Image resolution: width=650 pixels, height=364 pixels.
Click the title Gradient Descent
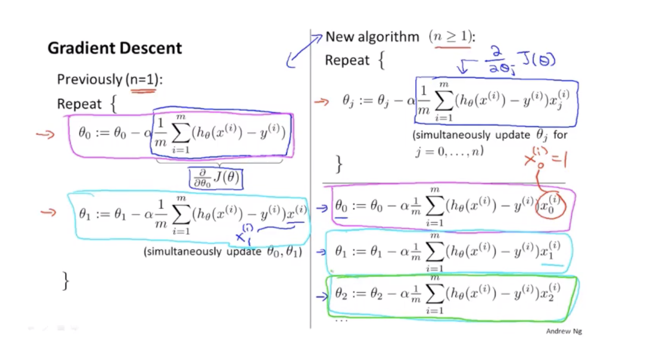[x=114, y=48]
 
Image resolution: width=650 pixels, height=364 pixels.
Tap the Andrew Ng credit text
[x=563, y=331]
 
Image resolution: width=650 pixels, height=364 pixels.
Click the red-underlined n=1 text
[x=143, y=79]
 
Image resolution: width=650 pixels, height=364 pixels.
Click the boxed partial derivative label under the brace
[x=216, y=178]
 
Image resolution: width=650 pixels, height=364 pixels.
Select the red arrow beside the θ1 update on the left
[x=48, y=211]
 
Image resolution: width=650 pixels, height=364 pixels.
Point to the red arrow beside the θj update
[x=321, y=102]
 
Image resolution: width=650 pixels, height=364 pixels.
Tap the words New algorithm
[x=372, y=37]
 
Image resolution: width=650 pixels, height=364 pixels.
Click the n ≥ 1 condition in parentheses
[x=452, y=37]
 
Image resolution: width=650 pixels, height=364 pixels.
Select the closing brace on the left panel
[x=65, y=281]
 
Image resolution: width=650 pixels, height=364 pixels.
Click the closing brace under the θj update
[x=338, y=164]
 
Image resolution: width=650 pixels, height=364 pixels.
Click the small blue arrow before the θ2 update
[x=322, y=296]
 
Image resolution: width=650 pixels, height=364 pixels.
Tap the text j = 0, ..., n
[x=449, y=152]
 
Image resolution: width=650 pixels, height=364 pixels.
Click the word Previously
[x=89, y=79]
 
